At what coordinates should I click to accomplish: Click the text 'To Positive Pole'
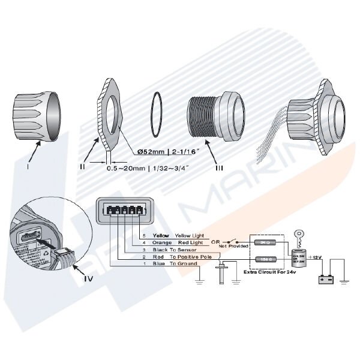(x=191, y=256)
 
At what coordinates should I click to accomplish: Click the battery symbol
(x=326, y=279)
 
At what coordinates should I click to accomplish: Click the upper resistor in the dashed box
(x=264, y=243)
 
